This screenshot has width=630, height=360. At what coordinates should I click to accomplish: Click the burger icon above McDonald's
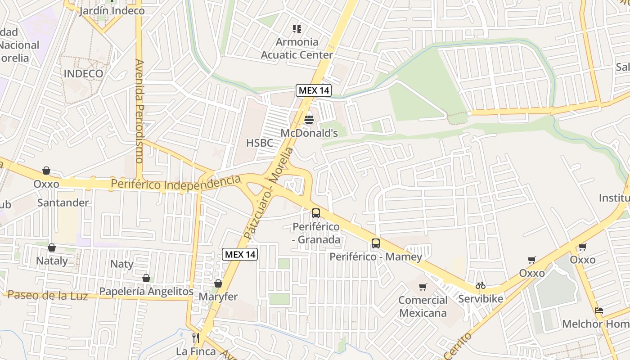click(309, 120)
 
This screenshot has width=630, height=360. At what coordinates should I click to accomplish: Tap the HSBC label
click(260, 143)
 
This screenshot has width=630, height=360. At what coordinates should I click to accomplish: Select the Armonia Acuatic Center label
click(297, 49)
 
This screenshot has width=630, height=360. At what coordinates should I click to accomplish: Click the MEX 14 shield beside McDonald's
click(314, 90)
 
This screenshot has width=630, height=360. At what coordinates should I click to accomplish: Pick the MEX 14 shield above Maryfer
click(240, 254)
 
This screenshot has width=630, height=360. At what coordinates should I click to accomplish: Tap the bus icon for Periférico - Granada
click(316, 213)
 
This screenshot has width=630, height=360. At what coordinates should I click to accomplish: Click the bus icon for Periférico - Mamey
click(376, 243)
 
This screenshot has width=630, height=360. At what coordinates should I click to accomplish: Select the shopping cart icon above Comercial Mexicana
click(423, 287)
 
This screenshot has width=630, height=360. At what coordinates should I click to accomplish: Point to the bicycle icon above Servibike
click(481, 285)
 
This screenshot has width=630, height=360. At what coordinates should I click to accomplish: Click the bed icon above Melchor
click(598, 310)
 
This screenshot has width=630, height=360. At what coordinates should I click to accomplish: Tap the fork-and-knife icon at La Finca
click(196, 337)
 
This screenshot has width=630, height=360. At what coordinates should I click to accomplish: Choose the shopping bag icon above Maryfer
click(218, 283)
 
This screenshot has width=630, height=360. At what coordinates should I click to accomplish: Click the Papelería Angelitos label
click(146, 292)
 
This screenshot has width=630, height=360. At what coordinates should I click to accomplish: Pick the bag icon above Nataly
click(52, 247)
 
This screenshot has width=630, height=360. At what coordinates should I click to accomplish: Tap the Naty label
click(122, 264)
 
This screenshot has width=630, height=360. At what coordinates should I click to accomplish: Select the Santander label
click(63, 202)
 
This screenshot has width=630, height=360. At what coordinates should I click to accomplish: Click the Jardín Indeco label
click(112, 11)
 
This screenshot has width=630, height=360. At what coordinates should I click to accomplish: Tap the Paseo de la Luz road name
click(48, 296)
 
